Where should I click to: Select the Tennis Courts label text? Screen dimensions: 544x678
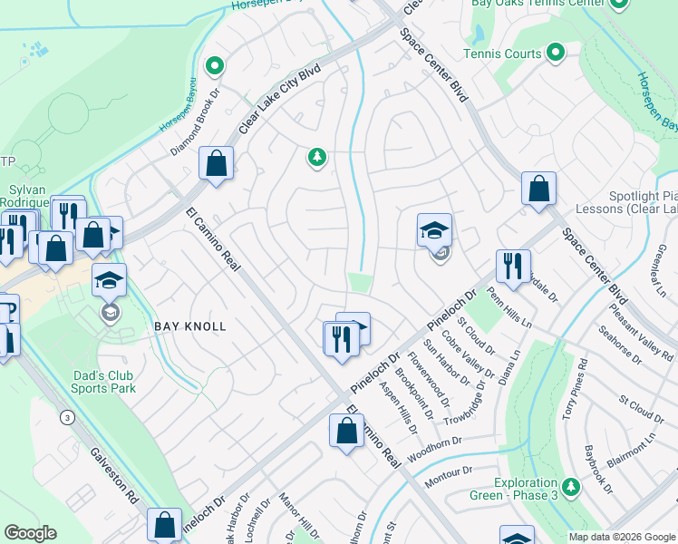coord(501,53)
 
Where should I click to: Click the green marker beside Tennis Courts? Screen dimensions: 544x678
coord(556,53)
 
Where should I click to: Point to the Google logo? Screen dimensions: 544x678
coord(30,533)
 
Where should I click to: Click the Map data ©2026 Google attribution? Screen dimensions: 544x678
coord(622,537)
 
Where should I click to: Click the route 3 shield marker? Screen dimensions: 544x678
coord(67,418)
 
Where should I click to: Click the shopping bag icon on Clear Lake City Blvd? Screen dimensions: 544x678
coord(217,164)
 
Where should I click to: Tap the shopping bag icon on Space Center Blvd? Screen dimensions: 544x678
coord(538,189)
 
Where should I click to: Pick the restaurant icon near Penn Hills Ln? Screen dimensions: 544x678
coord(513,267)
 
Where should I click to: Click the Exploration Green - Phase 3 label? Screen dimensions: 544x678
coord(525,489)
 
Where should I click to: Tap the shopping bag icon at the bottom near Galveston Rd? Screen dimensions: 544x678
coord(164,524)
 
